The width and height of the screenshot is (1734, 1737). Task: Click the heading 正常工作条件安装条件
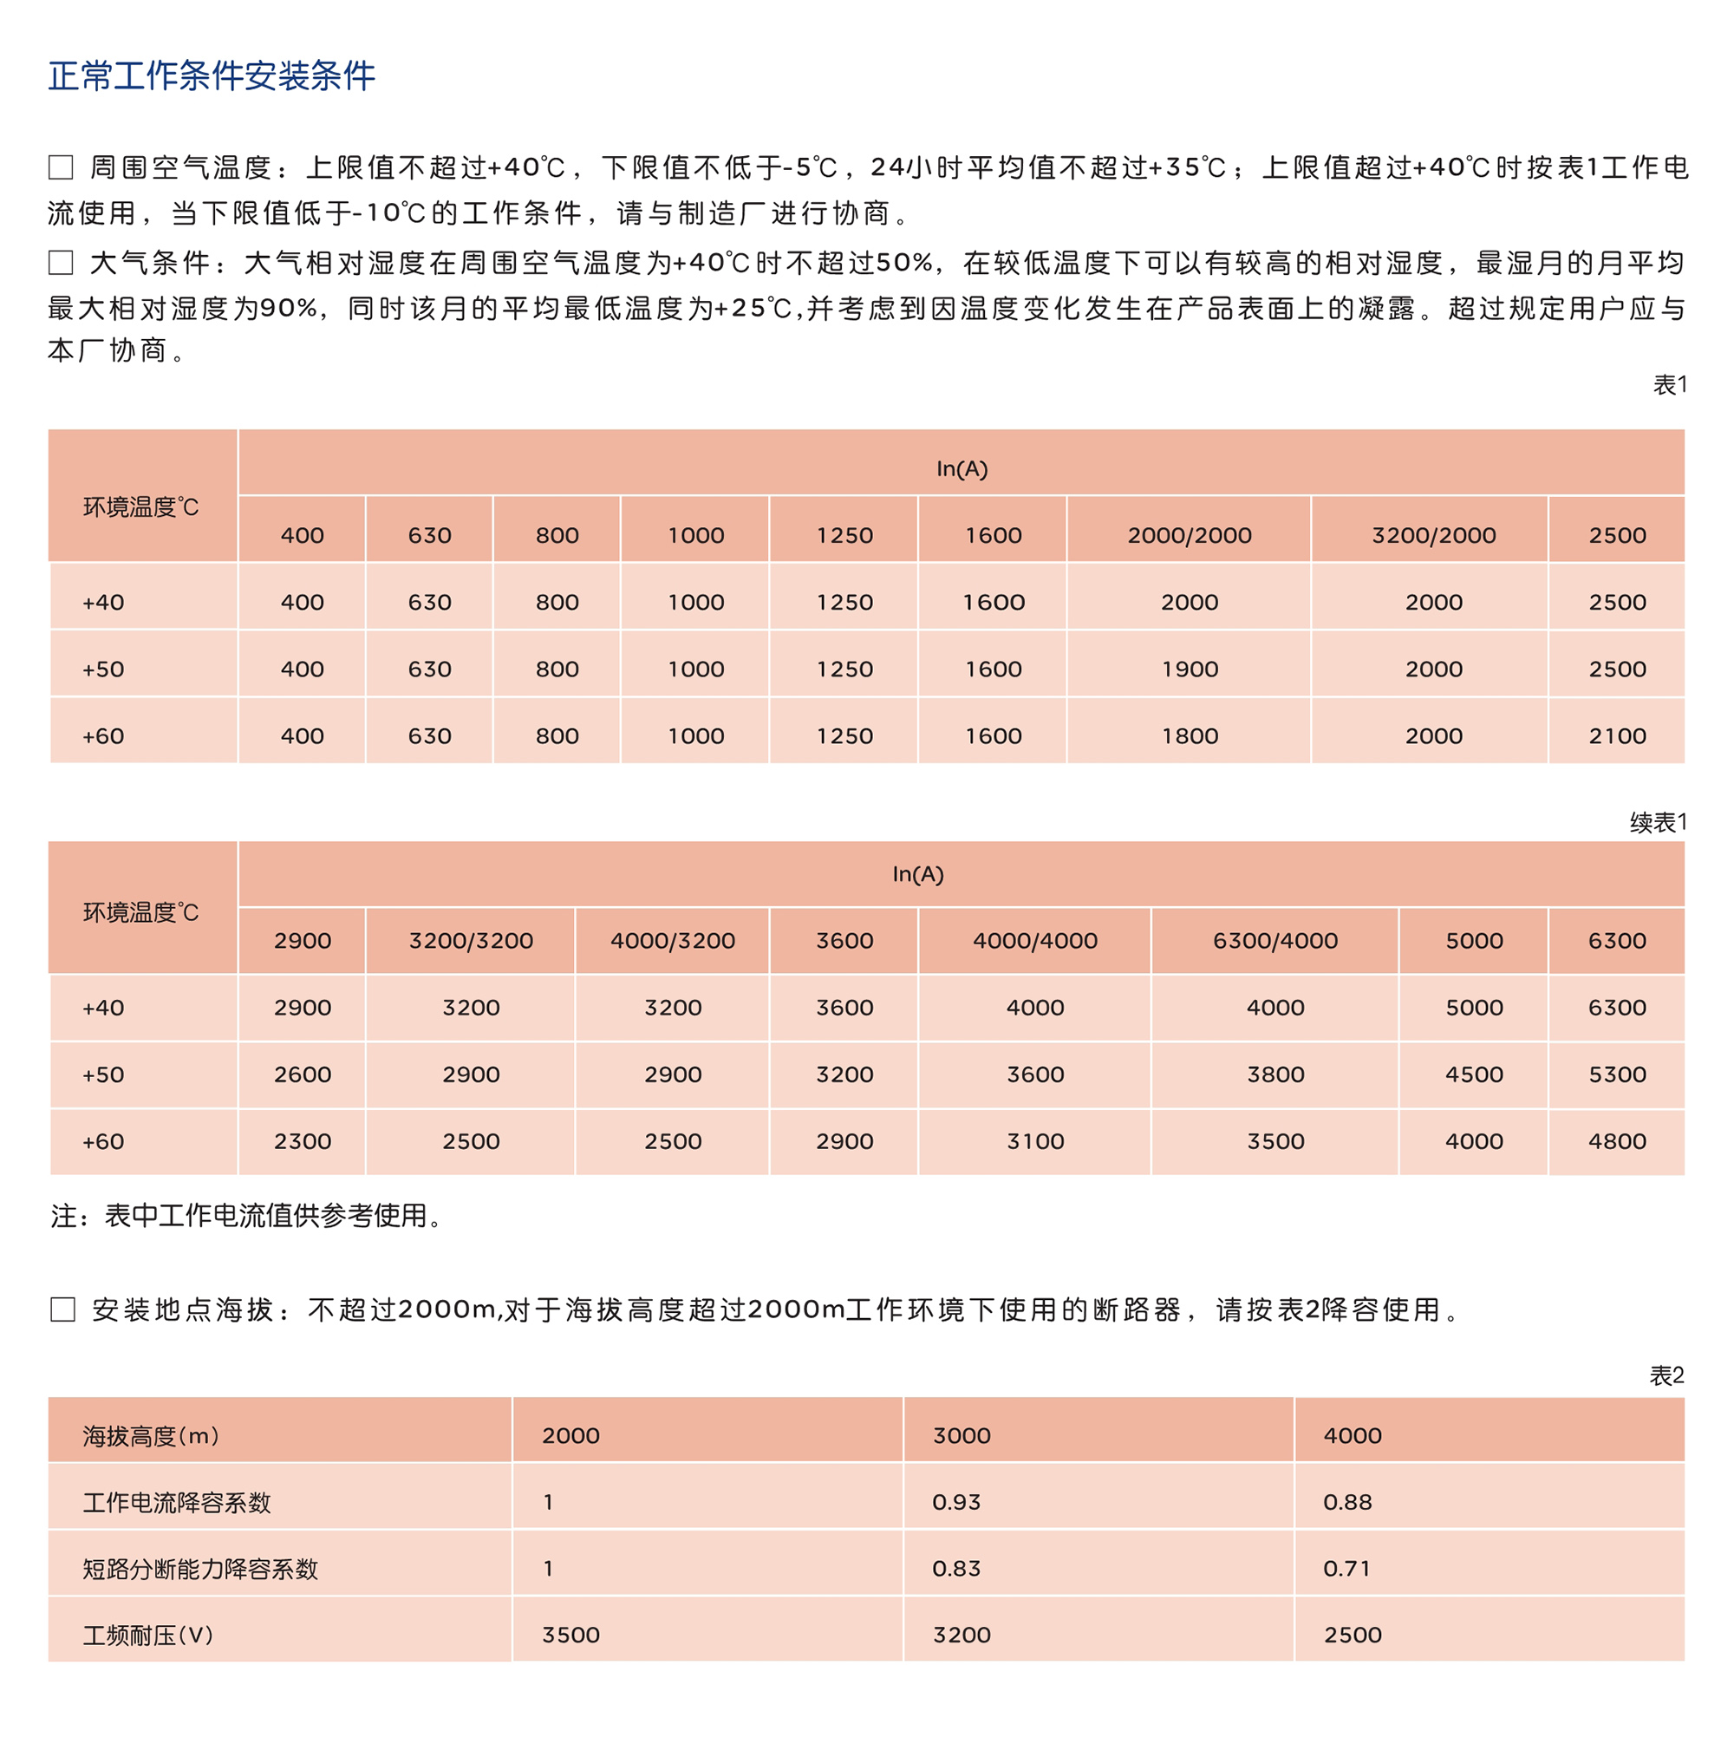tap(212, 75)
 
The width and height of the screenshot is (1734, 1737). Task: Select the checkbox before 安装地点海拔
tap(62, 1309)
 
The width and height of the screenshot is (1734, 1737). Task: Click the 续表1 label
tap(1658, 822)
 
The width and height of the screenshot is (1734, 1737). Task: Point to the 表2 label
tap(1666, 1375)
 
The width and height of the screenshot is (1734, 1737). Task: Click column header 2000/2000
tap(1189, 535)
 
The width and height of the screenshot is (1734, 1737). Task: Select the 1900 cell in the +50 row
tap(1189, 669)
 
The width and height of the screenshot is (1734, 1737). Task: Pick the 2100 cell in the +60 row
tap(1616, 735)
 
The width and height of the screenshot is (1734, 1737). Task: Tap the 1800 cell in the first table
tap(1189, 735)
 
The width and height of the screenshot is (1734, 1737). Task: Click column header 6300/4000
tap(1274, 940)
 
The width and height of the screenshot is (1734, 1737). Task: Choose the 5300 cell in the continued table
tap(1616, 1074)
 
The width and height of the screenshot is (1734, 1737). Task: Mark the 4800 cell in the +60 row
tap(1616, 1141)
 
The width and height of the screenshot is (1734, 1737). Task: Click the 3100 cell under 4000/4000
tap(1034, 1141)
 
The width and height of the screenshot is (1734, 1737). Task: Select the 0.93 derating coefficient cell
tap(956, 1501)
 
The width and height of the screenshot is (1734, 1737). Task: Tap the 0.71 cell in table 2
tap(1346, 1568)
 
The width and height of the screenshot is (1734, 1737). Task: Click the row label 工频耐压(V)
tap(148, 1635)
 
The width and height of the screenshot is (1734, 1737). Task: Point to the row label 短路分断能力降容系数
tap(200, 1568)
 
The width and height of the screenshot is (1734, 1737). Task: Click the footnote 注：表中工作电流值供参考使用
tap(246, 1216)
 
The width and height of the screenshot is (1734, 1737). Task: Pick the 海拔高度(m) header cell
tap(151, 1435)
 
